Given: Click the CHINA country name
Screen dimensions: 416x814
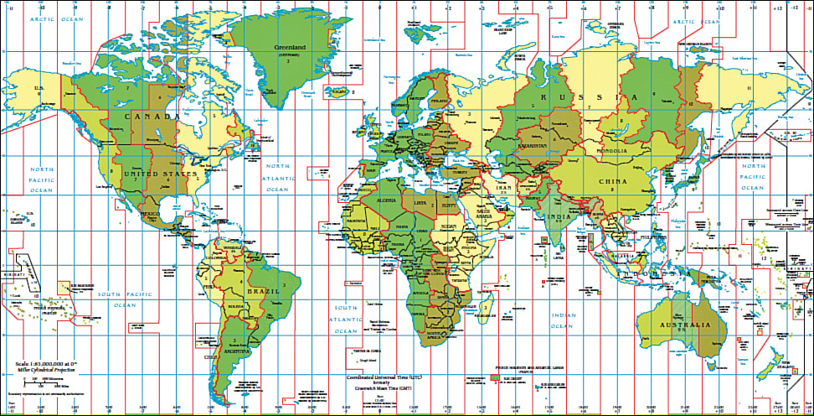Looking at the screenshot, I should click(x=612, y=180).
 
